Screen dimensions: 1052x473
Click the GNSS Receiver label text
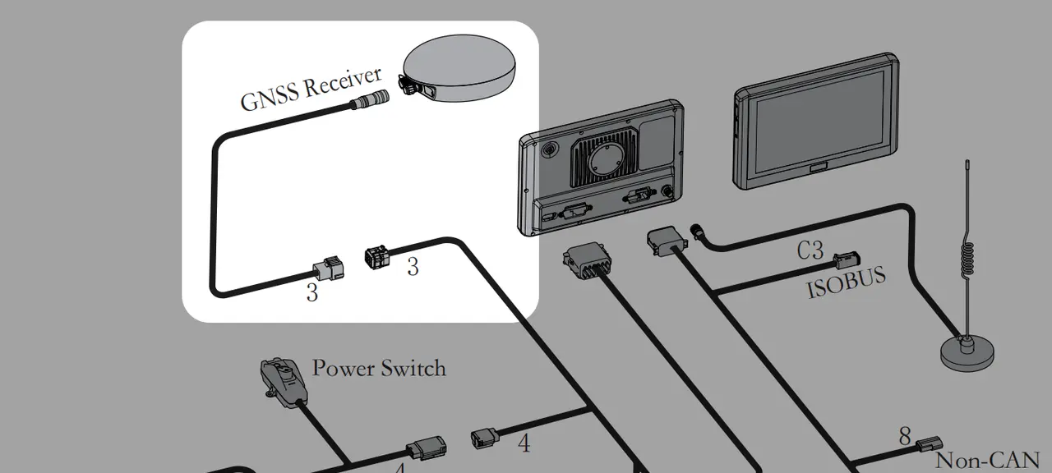point(311,89)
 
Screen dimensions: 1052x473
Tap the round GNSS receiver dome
point(459,67)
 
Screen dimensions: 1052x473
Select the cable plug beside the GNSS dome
point(371,99)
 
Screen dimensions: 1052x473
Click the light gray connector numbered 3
point(329,269)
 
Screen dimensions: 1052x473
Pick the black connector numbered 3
point(376,257)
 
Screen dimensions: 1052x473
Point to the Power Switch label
point(379,368)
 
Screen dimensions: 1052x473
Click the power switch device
point(284,379)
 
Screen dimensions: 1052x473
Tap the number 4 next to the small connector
point(524,443)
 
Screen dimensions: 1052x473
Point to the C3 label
point(810,250)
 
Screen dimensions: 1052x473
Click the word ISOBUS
point(847,282)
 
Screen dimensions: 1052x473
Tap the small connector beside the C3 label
point(847,260)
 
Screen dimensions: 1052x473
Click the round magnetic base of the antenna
point(967,353)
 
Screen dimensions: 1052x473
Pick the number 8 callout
point(905,436)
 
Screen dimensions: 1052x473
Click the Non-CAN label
point(987,461)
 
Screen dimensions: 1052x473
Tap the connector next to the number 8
point(929,443)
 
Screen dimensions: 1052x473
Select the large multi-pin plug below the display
point(586,261)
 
